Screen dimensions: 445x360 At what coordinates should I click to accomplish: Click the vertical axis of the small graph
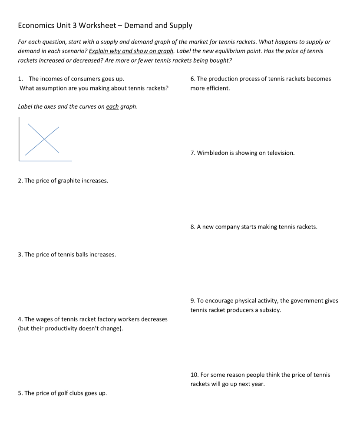pos(19,139)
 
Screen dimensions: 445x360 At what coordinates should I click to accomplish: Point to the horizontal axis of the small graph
pos(46,161)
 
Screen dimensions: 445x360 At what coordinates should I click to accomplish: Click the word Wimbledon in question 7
pos(213,153)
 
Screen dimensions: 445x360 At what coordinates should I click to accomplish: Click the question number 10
pos(194,375)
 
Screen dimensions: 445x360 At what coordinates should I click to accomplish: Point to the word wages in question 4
pos(44,319)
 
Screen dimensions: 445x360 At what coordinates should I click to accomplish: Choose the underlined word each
pos(112,107)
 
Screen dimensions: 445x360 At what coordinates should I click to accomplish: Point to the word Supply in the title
pos(182,26)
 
